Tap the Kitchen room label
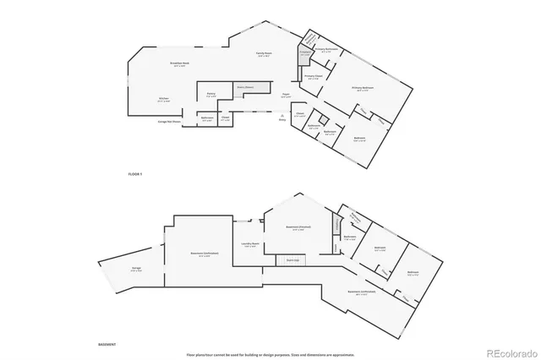[163, 98]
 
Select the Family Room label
[265, 53]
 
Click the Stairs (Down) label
[245, 87]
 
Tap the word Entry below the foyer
[282, 120]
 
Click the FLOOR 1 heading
[134, 172]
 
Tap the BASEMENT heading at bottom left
[107, 345]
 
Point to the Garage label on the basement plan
[136, 269]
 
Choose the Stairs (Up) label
[293, 260]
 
